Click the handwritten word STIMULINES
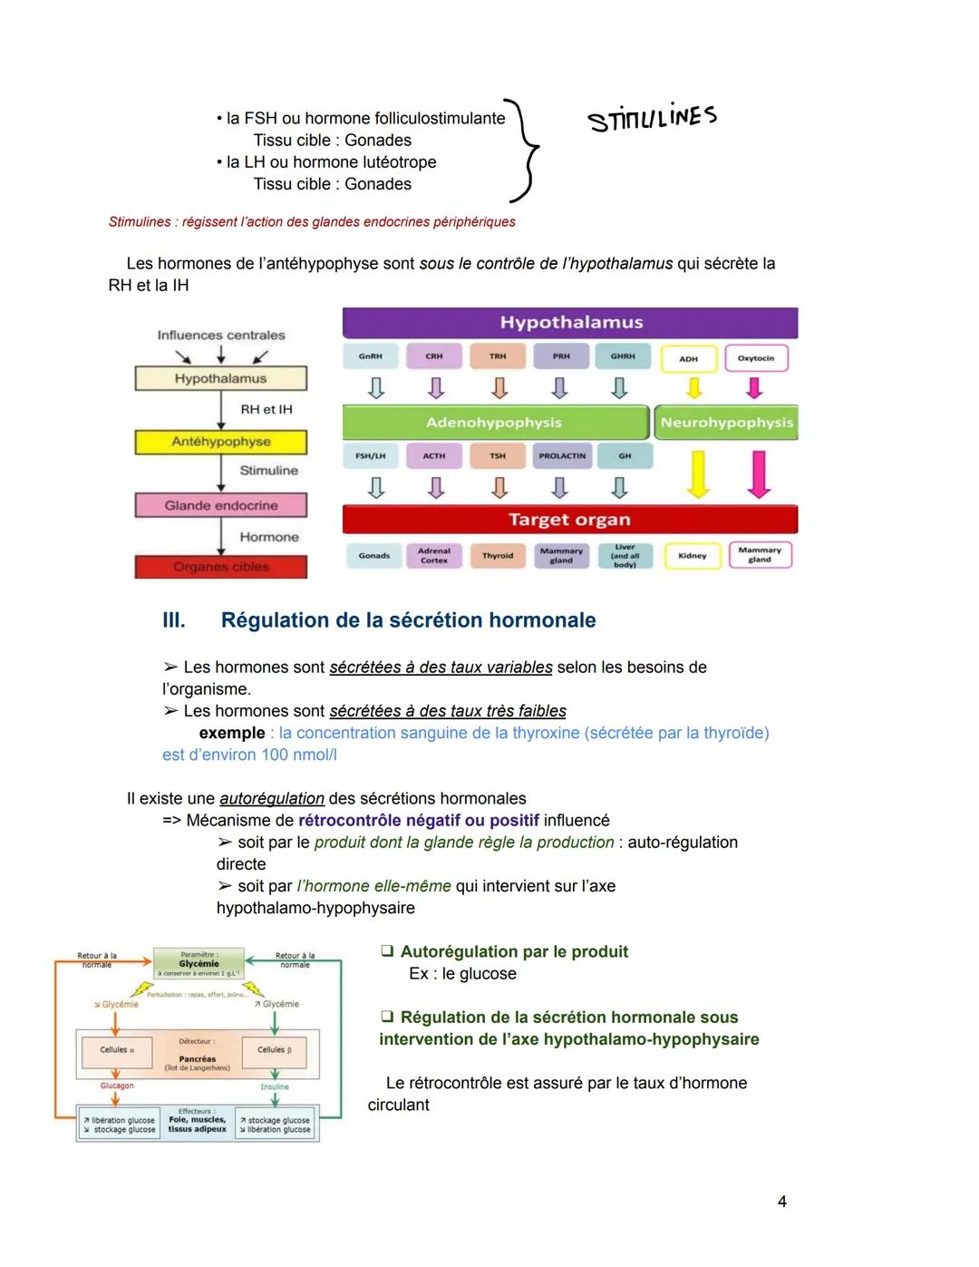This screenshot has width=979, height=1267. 652,118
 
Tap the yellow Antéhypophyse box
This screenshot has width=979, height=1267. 221,442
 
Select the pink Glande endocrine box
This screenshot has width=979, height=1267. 221,505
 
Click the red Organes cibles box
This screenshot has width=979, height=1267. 221,567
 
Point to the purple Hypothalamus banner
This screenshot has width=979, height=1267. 570,323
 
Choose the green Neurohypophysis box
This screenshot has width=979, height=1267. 726,423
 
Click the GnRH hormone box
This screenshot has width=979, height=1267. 370,356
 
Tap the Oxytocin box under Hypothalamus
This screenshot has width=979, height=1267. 755,358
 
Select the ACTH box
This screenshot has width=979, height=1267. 434,455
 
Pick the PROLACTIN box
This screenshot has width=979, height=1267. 561,455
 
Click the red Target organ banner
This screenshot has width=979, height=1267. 570,520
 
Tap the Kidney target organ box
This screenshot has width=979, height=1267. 692,556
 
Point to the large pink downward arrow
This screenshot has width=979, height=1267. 759,473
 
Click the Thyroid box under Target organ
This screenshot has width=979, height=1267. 498,556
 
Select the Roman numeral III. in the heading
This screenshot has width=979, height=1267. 173,620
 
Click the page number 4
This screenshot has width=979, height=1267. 782,1202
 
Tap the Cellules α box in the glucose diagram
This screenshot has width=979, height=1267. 117,1050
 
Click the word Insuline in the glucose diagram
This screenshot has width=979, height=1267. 275,1087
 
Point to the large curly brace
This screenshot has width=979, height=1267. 525,150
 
